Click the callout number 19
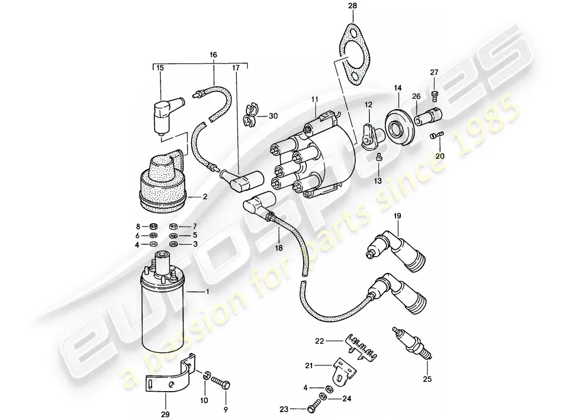point(397,216)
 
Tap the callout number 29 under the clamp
point(165,415)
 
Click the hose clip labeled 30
point(250,114)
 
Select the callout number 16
point(213,55)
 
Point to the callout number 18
point(279,248)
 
